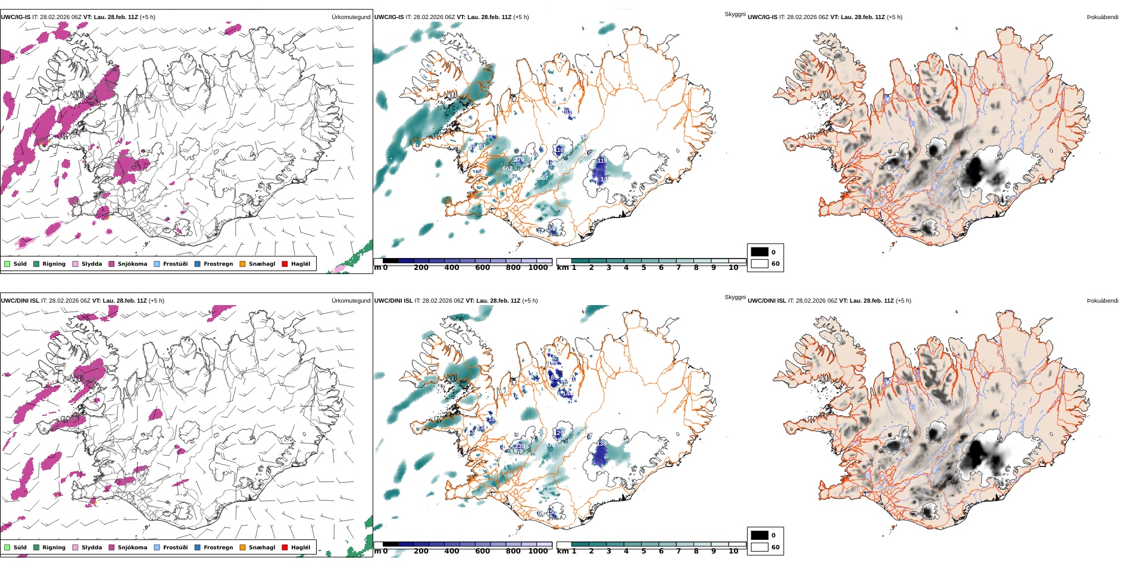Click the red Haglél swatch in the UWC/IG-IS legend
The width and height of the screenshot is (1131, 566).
[285, 264]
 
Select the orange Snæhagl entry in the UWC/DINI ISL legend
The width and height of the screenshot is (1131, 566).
[242, 548]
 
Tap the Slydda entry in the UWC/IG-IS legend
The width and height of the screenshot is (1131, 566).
[76, 264]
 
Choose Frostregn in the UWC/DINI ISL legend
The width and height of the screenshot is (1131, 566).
[197, 548]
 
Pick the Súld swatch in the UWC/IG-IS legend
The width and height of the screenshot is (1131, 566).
[7, 264]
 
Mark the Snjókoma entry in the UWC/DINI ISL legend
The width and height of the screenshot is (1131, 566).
[111, 548]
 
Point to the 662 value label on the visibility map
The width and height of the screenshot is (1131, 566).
[507, 169]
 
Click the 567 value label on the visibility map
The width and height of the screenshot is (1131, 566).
[543, 178]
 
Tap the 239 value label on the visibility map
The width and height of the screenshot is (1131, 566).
[520, 446]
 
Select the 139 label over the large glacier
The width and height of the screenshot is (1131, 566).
[602, 444]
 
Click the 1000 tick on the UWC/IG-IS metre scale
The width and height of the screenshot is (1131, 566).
[538, 268]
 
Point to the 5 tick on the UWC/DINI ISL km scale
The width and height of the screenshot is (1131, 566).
[643, 552]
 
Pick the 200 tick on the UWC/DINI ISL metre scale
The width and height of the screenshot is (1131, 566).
[421, 552]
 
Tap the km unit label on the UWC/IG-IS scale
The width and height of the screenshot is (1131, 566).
[563, 268]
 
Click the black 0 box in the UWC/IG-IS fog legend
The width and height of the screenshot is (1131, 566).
[760, 252]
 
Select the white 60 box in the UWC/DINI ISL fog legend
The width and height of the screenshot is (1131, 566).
[760, 547]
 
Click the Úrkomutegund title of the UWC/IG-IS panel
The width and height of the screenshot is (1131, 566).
[351, 17]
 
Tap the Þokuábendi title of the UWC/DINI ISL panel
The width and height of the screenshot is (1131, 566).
[1102, 301]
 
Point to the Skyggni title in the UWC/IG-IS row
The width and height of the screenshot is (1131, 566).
[735, 14]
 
